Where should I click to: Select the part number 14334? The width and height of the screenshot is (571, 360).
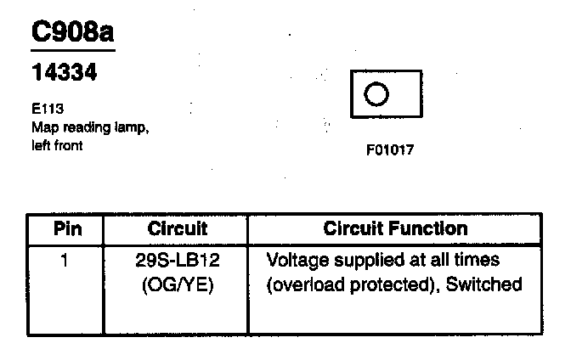click(x=64, y=74)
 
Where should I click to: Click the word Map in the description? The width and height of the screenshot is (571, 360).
click(x=42, y=128)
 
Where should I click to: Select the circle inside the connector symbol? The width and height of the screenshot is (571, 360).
click(x=376, y=93)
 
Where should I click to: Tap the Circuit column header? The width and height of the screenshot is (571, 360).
click(x=177, y=228)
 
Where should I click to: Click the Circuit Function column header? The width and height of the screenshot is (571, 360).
click(x=396, y=228)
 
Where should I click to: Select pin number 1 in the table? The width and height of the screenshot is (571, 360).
click(x=65, y=259)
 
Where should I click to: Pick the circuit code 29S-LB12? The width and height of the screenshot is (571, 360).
click(x=178, y=259)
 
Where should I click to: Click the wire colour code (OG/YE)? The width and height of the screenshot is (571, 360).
click(x=178, y=284)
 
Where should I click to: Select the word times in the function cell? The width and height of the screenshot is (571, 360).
click(x=476, y=259)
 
